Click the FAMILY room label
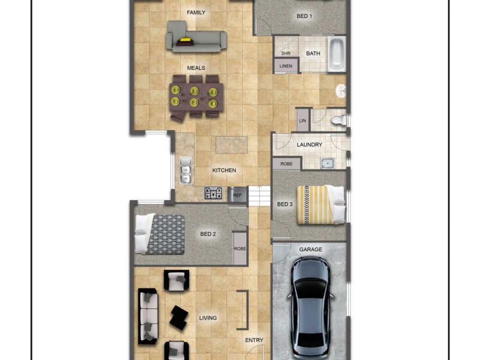coord(196,13)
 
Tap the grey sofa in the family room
coord(196,37)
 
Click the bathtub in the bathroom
coord(336,54)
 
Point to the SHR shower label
coord(286,53)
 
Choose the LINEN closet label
coord(286,66)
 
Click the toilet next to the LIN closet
coord(339,119)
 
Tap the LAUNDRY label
coord(309,145)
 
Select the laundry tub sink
coord(328,163)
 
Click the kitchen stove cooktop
coord(214,193)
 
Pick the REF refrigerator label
coord(237,195)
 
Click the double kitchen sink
coord(185,170)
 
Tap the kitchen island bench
coord(232,145)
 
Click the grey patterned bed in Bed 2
coord(160,234)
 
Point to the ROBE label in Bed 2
coord(239,248)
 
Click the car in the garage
coord(310,308)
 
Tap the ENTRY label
coord(254,340)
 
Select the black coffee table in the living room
coord(179,317)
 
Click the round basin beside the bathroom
coord(341,91)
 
